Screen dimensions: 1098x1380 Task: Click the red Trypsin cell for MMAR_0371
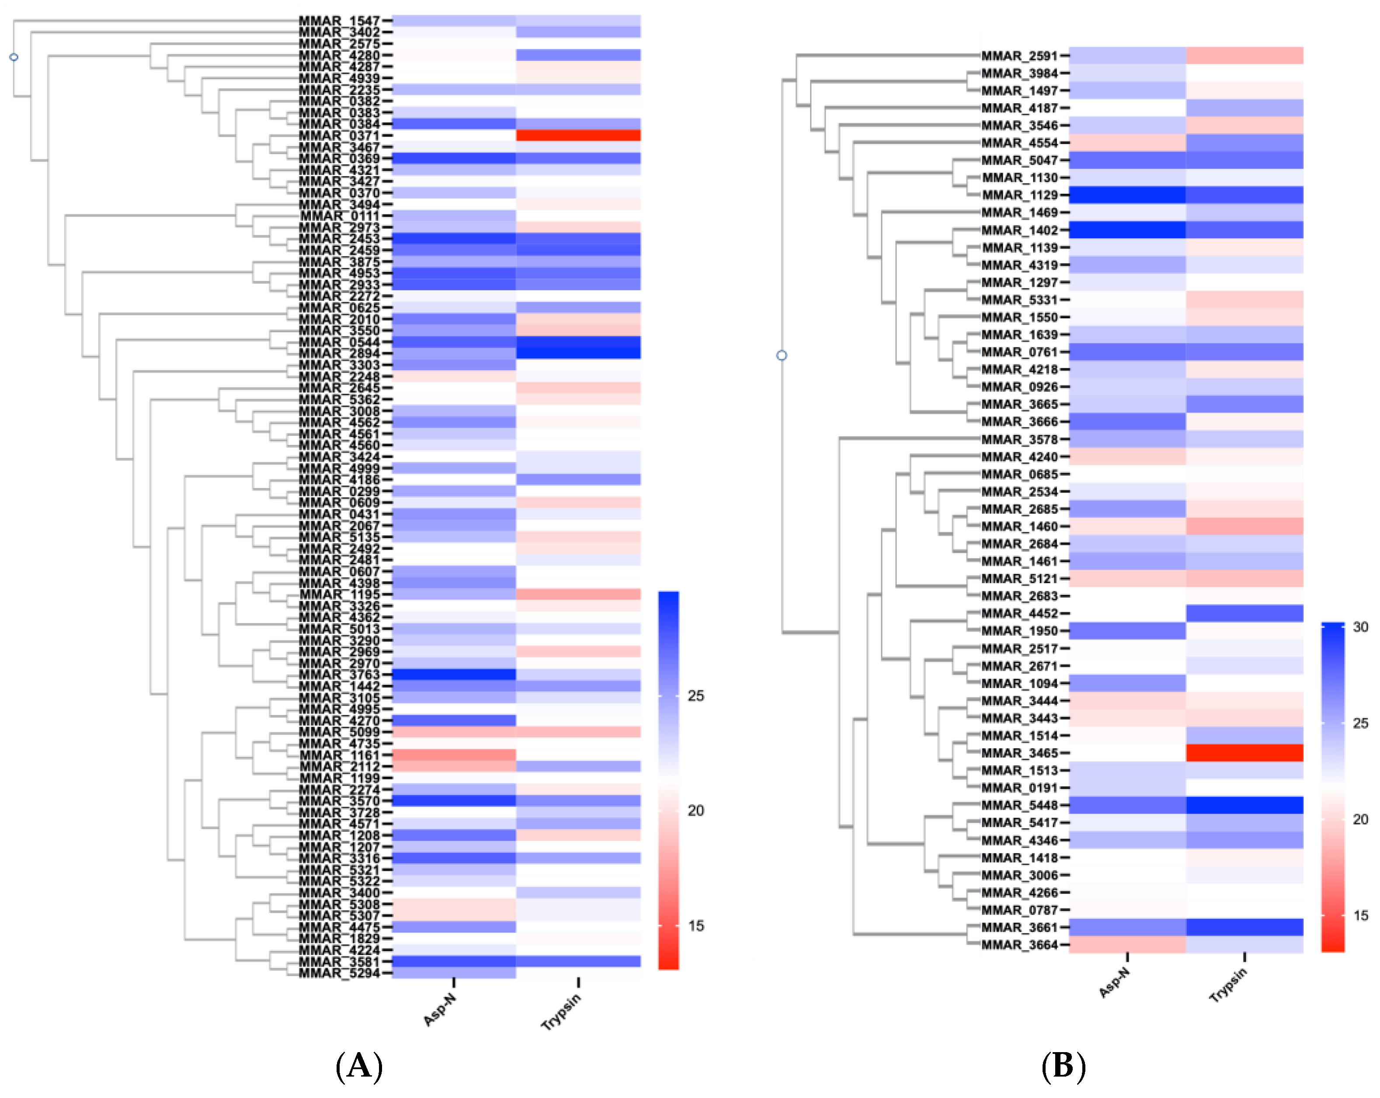coord(578,135)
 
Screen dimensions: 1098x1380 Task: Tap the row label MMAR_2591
coord(1019,55)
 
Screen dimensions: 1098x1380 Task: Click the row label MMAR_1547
coord(339,21)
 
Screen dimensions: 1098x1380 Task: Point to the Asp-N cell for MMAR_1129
coord(1126,194)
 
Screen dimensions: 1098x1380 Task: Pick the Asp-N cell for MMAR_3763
coord(453,675)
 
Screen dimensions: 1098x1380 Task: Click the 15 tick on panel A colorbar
coord(696,926)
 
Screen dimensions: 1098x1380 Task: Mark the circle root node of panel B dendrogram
coord(782,355)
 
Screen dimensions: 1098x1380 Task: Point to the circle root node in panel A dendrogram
coord(14,57)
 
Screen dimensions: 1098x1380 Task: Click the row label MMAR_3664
coord(1019,945)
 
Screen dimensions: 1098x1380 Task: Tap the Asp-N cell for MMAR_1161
coord(453,755)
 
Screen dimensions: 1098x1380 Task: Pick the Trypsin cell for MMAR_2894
coord(578,353)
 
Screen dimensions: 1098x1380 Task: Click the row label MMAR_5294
coord(339,973)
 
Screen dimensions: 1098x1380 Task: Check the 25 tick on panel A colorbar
coord(696,696)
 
